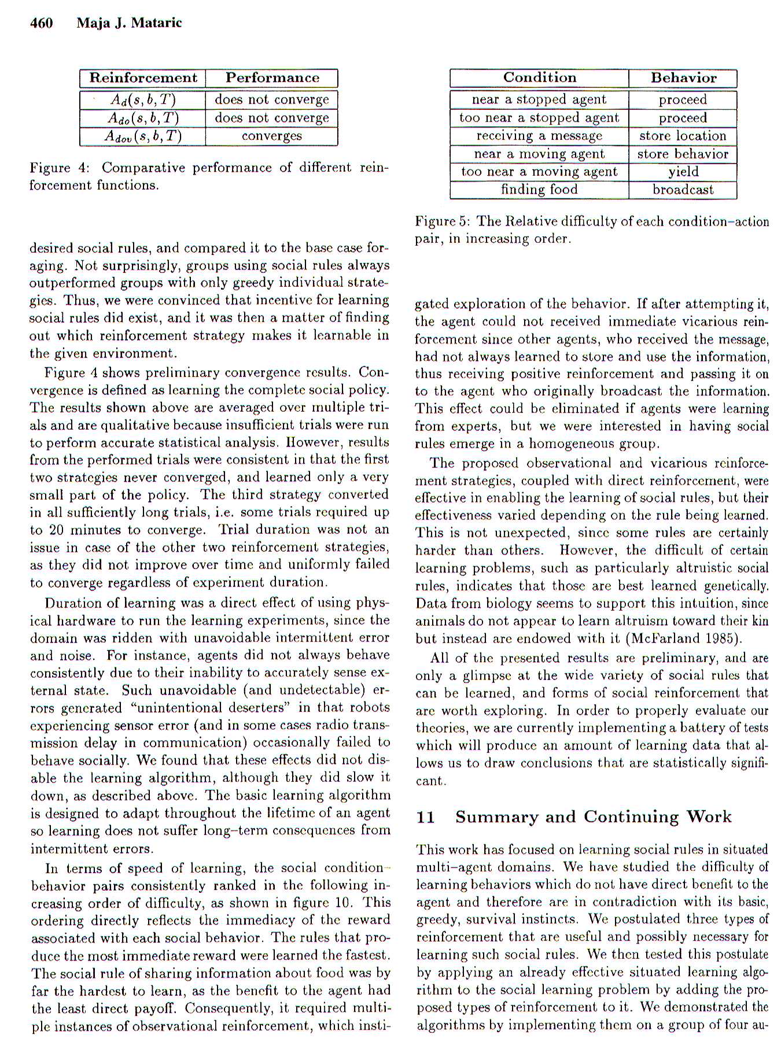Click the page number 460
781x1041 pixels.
pos(41,23)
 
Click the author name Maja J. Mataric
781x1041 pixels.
pos(129,23)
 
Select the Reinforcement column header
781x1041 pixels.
pos(143,78)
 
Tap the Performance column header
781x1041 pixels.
pos(272,78)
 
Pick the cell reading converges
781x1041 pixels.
pos(271,136)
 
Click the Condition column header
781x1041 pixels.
pos(539,78)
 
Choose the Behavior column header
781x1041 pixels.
pos(683,78)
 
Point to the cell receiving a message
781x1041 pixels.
pos(539,136)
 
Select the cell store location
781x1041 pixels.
pos(683,136)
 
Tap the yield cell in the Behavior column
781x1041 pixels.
pos(683,172)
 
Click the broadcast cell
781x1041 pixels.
pos(683,190)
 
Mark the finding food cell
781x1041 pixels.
pos(539,190)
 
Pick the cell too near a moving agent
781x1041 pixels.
pos(539,172)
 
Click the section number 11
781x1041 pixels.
pos(425,817)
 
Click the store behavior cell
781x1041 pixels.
pos(683,154)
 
